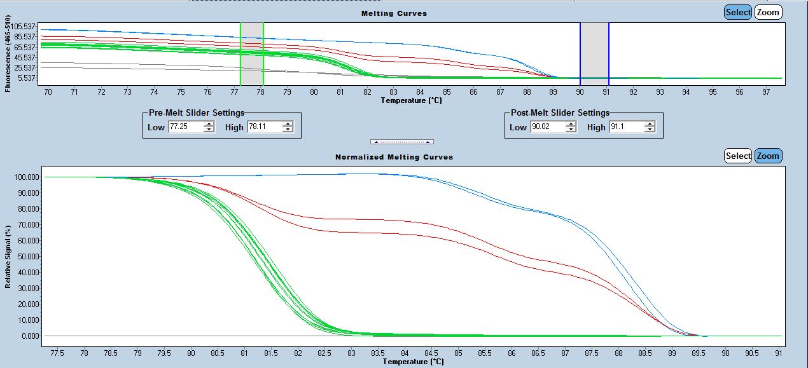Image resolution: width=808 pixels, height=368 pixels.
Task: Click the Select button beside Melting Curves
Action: click(738, 12)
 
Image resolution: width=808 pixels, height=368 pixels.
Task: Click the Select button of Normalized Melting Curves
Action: click(738, 156)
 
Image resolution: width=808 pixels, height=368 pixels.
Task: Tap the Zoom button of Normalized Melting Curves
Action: click(768, 156)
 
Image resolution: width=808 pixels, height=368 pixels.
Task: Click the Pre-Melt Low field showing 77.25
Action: click(185, 127)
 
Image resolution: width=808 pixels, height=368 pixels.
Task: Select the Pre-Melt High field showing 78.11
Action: click(264, 127)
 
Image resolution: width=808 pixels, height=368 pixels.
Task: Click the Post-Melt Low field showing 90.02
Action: click(547, 127)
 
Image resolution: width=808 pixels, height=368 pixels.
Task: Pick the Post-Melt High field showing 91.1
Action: click(625, 127)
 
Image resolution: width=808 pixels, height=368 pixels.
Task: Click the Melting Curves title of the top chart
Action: click(394, 13)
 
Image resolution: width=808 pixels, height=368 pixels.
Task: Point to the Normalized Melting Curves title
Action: click(394, 157)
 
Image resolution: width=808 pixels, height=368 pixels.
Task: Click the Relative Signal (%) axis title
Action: click(8, 256)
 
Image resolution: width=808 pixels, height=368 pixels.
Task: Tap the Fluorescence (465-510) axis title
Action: click(8, 54)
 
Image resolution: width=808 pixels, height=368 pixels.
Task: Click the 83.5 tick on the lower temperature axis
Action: click(378, 351)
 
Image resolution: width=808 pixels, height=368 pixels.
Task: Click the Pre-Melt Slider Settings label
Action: click(196, 113)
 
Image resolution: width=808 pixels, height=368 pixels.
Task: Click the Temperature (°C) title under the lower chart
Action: click(413, 362)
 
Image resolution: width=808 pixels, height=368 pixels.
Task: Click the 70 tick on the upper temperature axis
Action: click(48, 92)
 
